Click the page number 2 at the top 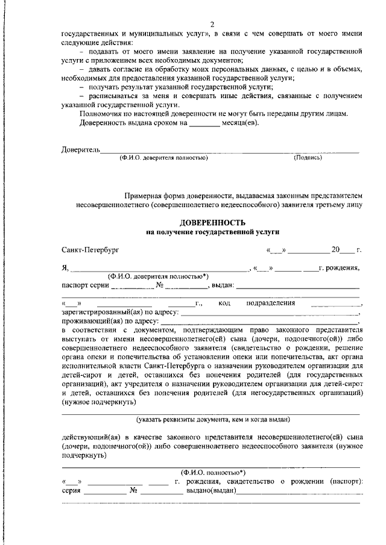tap(212, 24)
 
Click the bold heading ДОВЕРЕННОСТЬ tap(212, 222)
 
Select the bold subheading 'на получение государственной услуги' tap(212, 231)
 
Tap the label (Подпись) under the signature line tap(308, 158)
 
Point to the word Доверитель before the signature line tap(80, 149)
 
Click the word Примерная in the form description tap(144, 196)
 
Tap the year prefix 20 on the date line tap(335, 249)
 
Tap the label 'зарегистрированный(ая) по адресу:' tap(119, 313)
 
